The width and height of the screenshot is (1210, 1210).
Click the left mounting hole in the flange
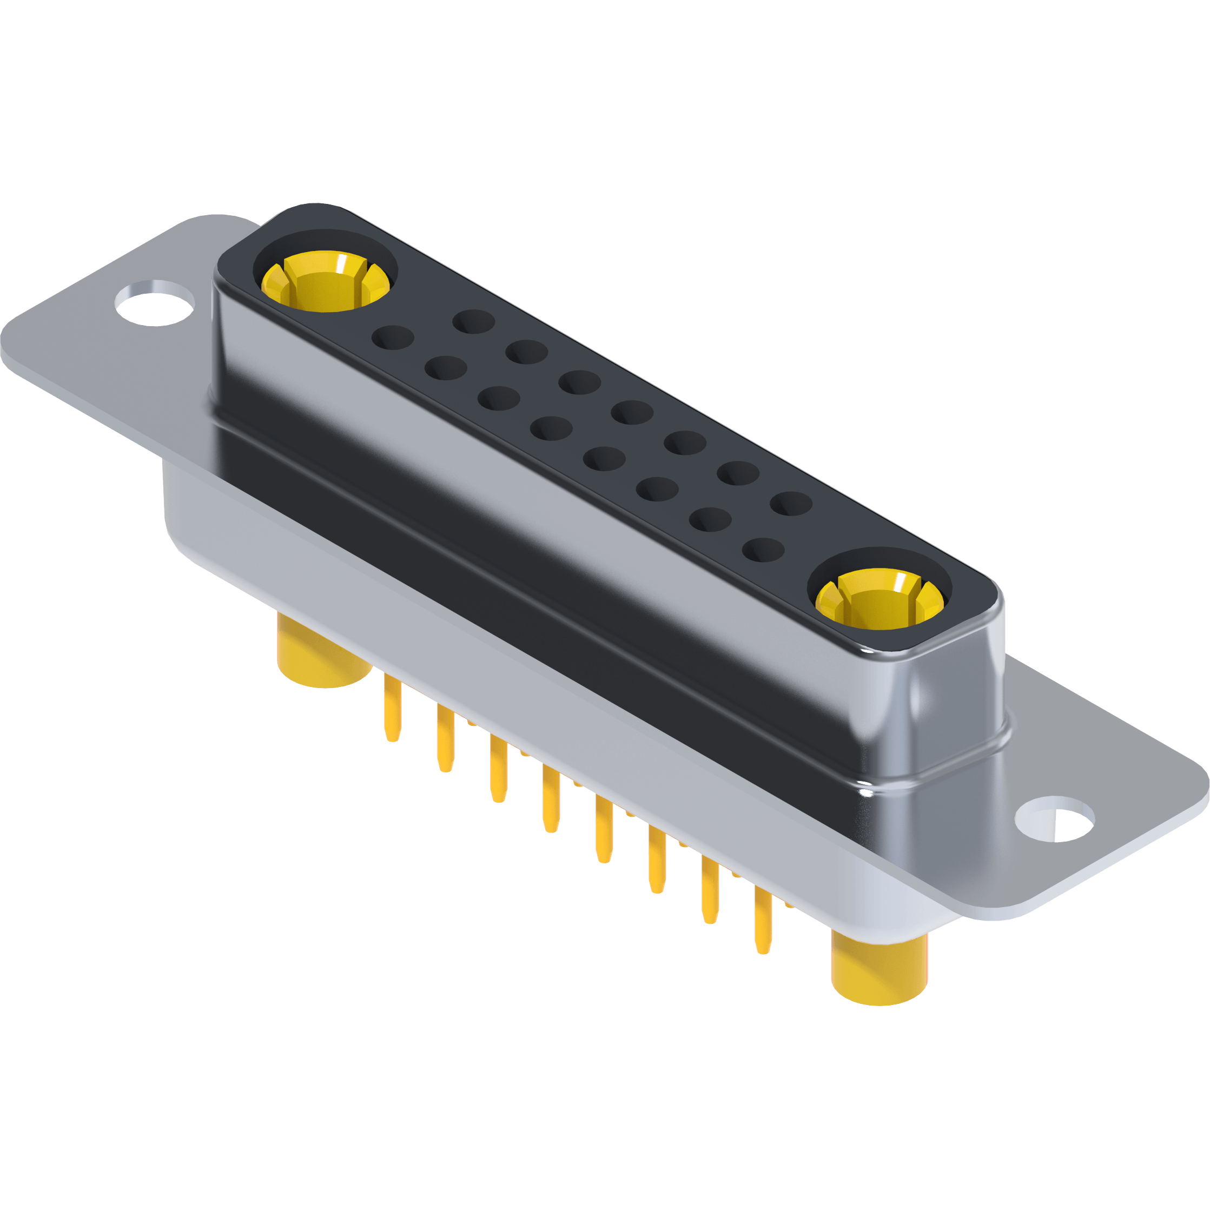155,302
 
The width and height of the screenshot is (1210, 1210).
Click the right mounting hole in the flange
1054,818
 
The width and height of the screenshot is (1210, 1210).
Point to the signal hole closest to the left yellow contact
393,338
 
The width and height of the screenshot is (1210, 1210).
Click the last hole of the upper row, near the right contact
792,503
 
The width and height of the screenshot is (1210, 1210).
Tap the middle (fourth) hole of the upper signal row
632,413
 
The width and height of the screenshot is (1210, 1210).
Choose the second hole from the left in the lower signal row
445,368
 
